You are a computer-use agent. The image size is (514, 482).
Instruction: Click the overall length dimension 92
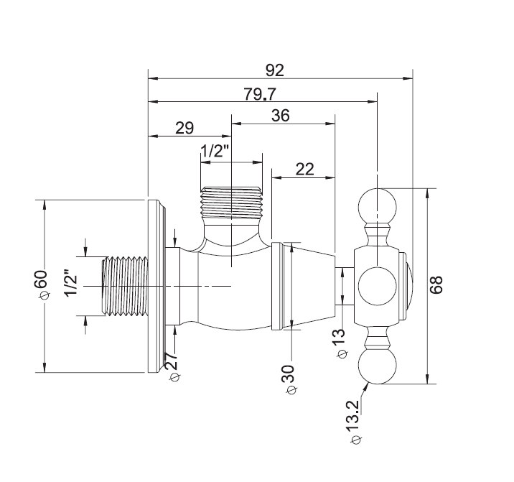[x=275, y=70]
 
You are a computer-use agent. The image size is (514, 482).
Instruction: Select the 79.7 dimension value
[x=260, y=94]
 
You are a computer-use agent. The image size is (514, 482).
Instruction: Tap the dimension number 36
[x=281, y=116]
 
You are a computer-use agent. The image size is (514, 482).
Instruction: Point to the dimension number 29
[x=184, y=128]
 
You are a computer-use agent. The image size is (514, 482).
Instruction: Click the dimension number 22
[x=305, y=170]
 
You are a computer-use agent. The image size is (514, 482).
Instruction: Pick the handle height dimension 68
[x=436, y=284]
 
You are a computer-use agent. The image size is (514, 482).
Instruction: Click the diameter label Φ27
[x=174, y=367]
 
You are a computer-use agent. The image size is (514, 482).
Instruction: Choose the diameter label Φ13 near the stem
[x=341, y=344]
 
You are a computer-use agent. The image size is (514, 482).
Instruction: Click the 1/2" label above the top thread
[x=215, y=152]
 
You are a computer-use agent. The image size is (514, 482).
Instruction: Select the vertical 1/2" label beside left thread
[x=71, y=283]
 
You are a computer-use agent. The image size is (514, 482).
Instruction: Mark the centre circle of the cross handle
[x=378, y=286]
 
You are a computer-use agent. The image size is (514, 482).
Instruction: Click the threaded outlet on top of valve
[x=231, y=203]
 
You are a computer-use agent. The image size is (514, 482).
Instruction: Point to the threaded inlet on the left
[x=125, y=287]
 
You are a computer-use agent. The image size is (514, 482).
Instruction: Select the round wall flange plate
[x=156, y=286]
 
